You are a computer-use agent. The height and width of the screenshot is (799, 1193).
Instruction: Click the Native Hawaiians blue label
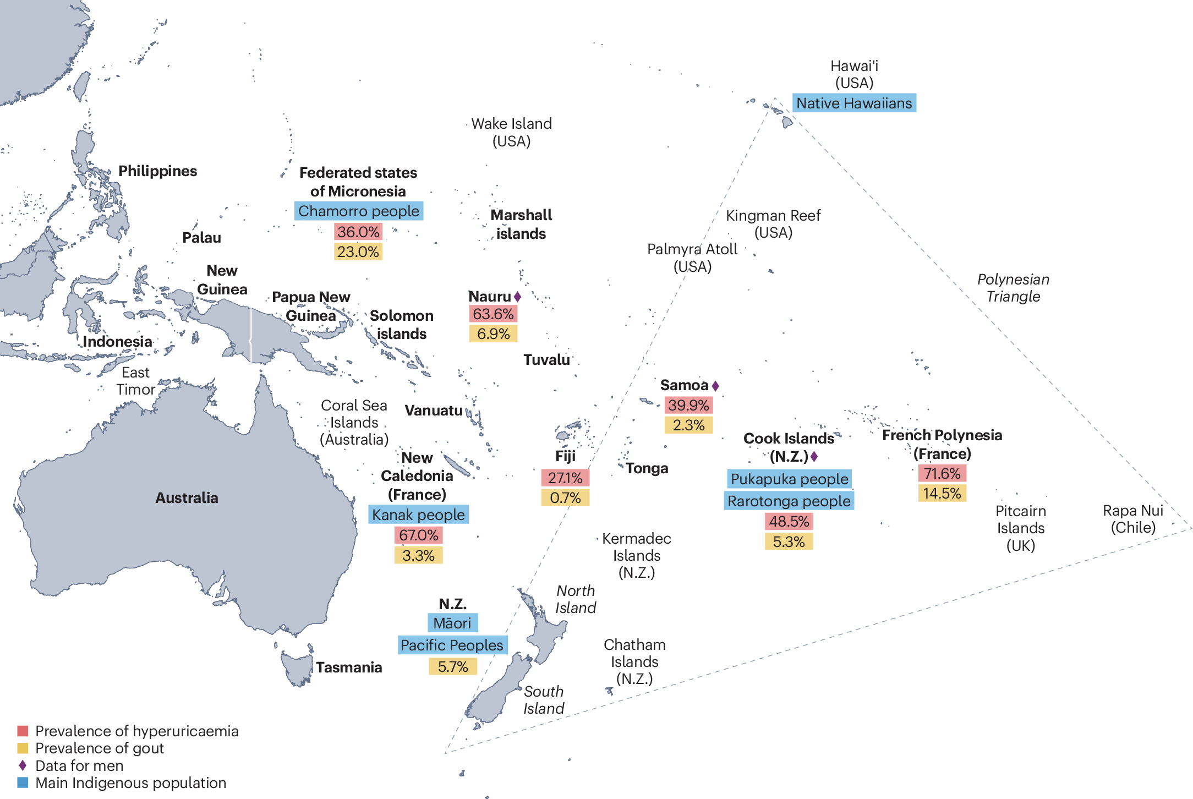pyautogui.click(x=854, y=103)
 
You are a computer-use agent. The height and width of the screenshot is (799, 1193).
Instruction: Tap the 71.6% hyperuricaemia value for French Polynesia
pyautogui.click(x=942, y=473)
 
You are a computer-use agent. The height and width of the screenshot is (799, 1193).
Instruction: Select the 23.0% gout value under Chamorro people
pyautogui.click(x=358, y=252)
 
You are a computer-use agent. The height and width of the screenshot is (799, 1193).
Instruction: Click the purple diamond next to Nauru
pyautogui.click(x=517, y=297)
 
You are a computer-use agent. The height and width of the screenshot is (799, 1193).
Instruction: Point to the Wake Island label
pyautogui.click(x=511, y=132)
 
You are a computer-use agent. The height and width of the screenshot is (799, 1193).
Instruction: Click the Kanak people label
pyautogui.click(x=418, y=515)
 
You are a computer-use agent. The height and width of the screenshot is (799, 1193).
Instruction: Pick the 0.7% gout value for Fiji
pyautogui.click(x=565, y=498)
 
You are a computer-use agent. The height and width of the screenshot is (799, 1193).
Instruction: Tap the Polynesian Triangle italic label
pyautogui.click(x=1013, y=288)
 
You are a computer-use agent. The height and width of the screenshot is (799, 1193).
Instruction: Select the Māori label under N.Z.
pyautogui.click(x=452, y=623)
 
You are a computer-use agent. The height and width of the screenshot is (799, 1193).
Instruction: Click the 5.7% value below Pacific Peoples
pyautogui.click(x=453, y=667)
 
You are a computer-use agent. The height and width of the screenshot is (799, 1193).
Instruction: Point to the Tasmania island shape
pyautogui.click(x=295, y=667)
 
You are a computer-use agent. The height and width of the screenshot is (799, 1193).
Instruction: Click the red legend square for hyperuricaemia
pyautogui.click(x=23, y=731)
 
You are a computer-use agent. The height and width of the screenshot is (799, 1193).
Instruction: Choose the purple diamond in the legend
pyautogui.click(x=23, y=765)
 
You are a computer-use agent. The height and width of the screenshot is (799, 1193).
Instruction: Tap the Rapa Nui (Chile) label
pyautogui.click(x=1132, y=519)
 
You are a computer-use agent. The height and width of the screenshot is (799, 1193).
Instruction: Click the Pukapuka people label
pyautogui.click(x=789, y=479)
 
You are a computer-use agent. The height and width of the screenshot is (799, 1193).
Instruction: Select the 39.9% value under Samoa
pyautogui.click(x=688, y=406)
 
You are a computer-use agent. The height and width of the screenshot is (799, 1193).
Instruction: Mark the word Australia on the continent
pyautogui.click(x=187, y=498)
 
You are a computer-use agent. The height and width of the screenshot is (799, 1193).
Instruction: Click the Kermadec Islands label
pyautogui.click(x=637, y=555)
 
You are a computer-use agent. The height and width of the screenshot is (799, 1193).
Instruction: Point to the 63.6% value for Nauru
pyautogui.click(x=493, y=314)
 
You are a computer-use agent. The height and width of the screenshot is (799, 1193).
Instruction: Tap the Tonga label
pyautogui.click(x=647, y=468)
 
